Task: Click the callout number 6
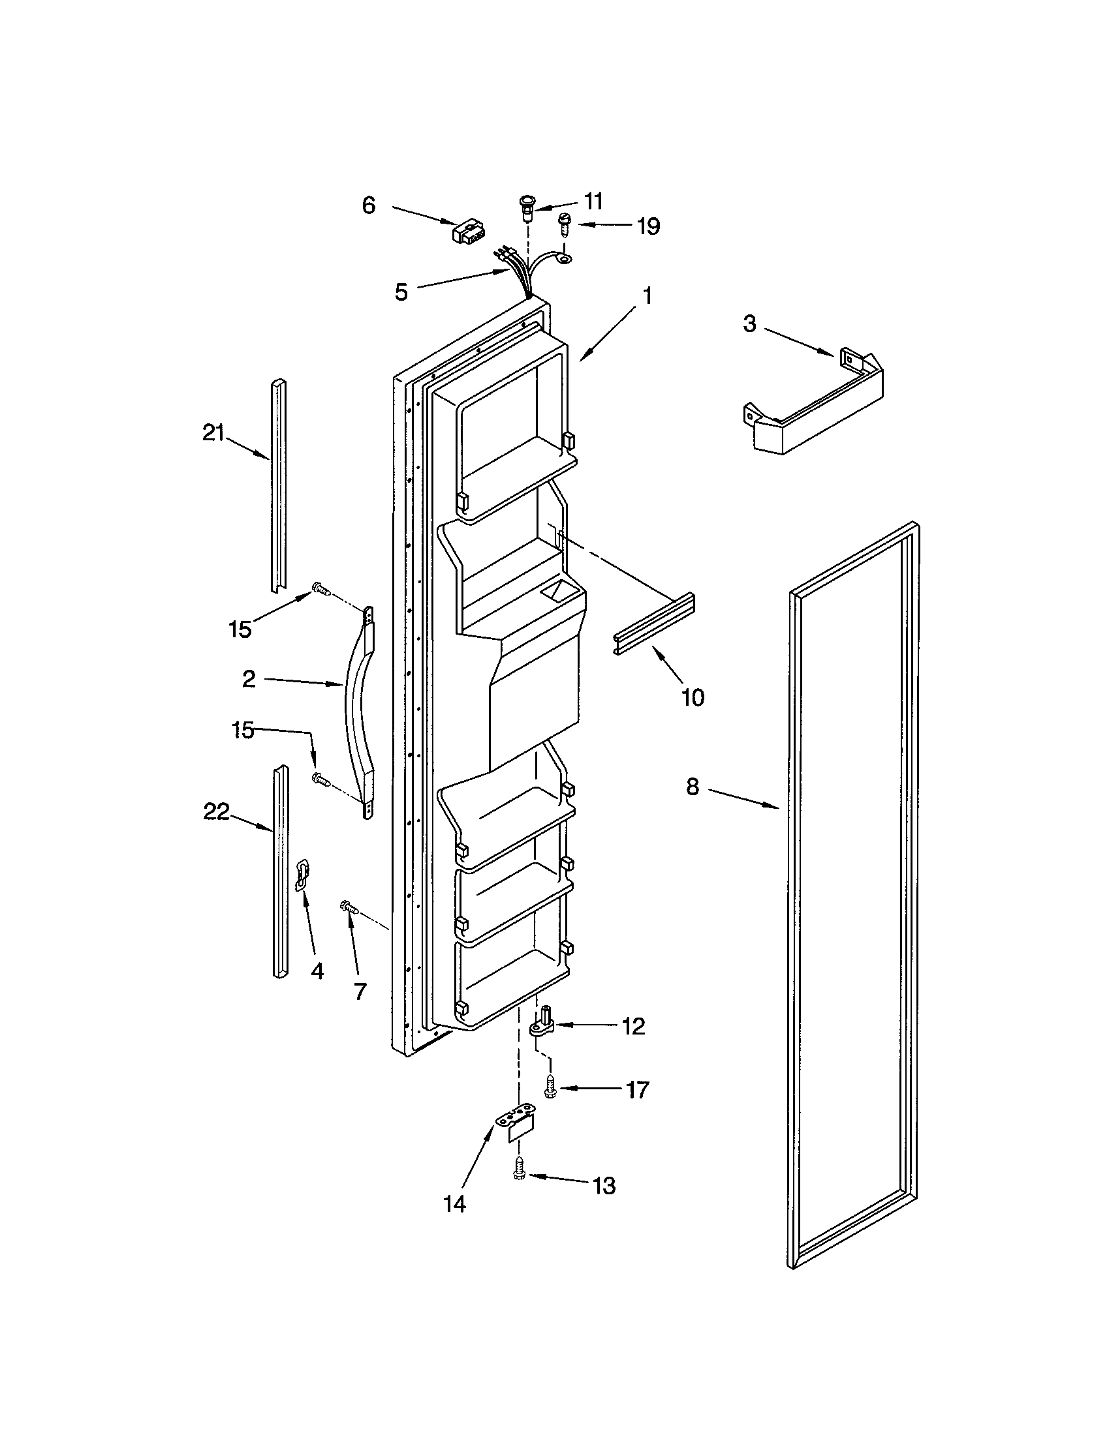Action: pos(369,205)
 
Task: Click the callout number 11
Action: pos(593,201)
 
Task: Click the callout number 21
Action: pos(213,434)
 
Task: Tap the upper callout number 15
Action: pos(240,629)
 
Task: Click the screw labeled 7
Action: pos(349,909)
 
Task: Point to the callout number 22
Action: pos(216,812)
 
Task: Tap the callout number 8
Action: pos(693,787)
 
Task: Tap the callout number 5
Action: pos(401,292)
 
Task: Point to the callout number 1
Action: pos(647,296)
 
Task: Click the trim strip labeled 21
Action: pos(279,486)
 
